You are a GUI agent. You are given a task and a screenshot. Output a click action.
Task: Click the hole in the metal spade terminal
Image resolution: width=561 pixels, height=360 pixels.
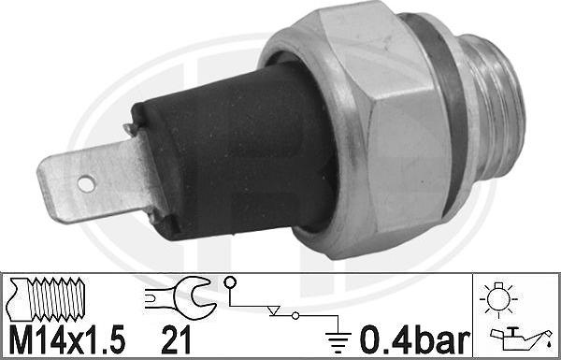coord(86,184)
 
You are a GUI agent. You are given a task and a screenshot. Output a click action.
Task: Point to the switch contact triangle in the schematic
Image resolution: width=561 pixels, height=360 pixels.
coord(273,310)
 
